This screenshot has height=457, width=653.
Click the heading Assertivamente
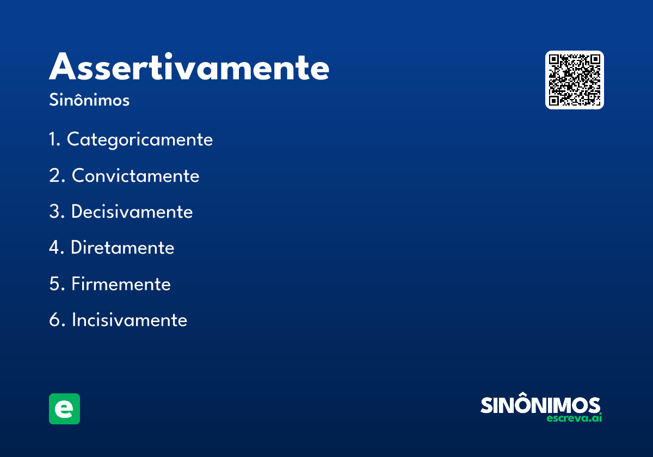[x=189, y=68]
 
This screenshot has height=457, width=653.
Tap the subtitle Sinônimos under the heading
[x=89, y=101]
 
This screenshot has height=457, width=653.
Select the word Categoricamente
[x=140, y=140]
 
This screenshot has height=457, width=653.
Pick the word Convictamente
[x=135, y=176]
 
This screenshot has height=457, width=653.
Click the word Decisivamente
[x=132, y=212]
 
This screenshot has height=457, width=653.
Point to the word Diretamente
[x=122, y=248]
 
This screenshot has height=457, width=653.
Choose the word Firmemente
[x=121, y=284]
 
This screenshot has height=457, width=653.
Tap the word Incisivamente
[x=129, y=320]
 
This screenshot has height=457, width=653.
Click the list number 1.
[x=53, y=140]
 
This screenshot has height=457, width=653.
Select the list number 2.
[x=56, y=176]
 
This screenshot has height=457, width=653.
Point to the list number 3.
[x=56, y=212]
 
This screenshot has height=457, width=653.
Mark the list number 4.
[x=56, y=248]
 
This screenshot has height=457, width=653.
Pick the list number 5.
[x=56, y=284]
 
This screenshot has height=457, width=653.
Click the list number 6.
[x=56, y=320]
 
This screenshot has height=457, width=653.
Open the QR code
[x=575, y=80]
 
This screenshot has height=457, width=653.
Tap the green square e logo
[x=64, y=409]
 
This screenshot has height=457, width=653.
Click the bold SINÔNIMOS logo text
[x=540, y=405]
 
